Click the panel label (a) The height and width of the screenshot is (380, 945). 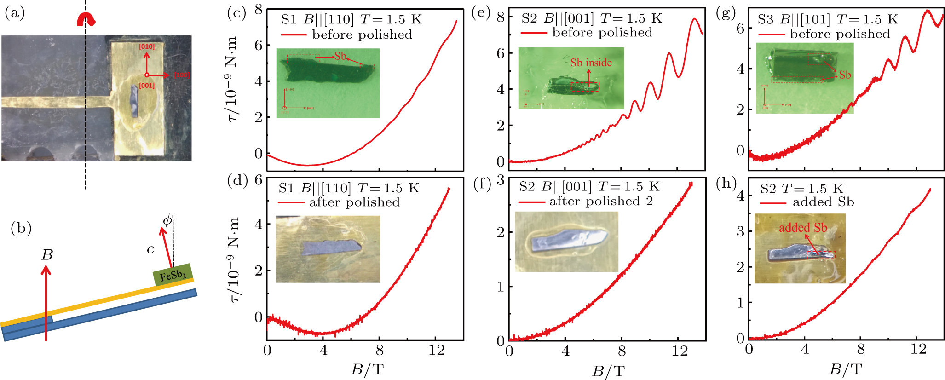tap(14, 13)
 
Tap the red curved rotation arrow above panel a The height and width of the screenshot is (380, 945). tap(86, 19)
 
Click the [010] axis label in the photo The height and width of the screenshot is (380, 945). tap(147, 46)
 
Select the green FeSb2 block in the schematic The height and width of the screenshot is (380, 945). tap(173, 275)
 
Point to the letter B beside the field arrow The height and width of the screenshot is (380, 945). tap(47, 254)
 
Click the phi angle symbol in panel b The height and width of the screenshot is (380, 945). tap(167, 220)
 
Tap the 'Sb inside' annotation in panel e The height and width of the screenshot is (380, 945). tap(591, 63)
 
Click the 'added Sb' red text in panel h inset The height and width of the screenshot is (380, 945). tap(803, 228)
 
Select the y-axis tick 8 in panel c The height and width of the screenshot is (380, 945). tap(259, 10)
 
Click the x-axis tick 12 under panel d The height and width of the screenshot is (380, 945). tap(436, 351)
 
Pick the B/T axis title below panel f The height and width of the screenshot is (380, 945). tap(608, 371)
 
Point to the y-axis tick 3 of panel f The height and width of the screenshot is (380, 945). tap(500, 180)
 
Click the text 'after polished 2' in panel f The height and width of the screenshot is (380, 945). tap(601, 201)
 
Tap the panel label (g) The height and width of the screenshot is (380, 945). tap(726, 13)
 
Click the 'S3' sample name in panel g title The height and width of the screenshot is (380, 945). tap(766, 20)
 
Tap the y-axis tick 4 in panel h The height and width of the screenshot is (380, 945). tap(740, 195)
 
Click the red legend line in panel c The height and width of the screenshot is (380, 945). tap(293, 35)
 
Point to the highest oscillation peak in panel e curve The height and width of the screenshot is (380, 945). tap(695, 19)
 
